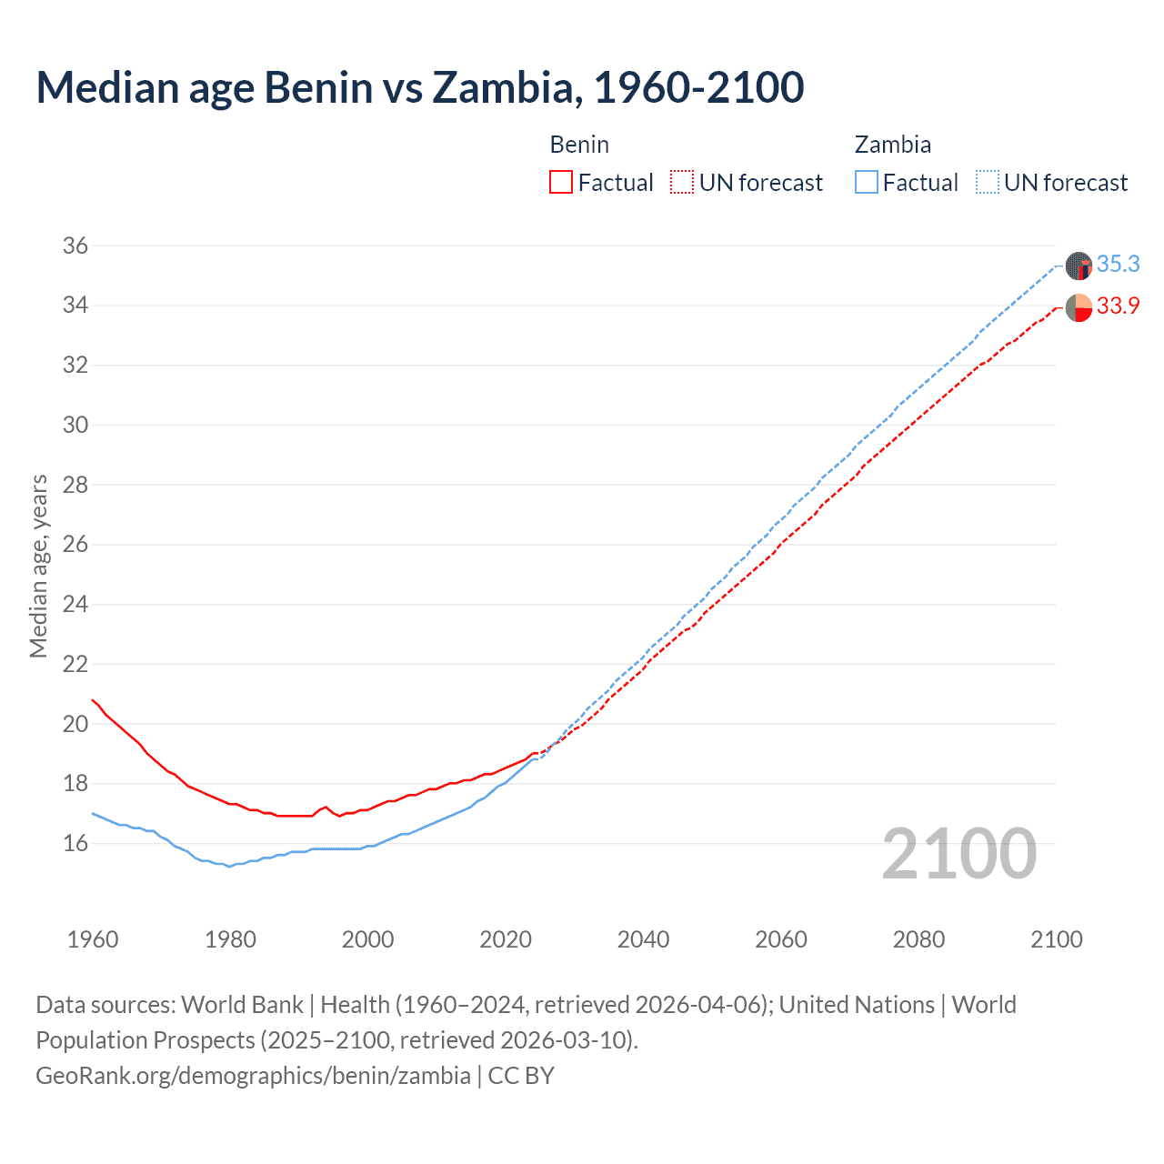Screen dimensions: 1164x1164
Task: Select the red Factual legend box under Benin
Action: [x=560, y=182]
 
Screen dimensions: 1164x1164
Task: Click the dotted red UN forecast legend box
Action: [x=681, y=182]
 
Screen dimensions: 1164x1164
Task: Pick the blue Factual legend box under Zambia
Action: [x=866, y=182]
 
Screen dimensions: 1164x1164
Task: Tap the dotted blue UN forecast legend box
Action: [x=987, y=182]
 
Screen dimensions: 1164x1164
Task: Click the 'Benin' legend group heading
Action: [x=579, y=145]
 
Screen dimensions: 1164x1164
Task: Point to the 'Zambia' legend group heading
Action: [x=892, y=145]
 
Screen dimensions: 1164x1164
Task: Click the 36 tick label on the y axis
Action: [x=75, y=246]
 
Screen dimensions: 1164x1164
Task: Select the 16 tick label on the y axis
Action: [x=75, y=843]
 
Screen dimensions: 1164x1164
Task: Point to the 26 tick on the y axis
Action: [x=75, y=545]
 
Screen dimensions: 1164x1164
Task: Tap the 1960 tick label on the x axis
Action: [x=93, y=939]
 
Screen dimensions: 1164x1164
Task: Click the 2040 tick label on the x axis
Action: [x=643, y=939]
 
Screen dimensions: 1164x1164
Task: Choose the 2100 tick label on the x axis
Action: [x=1056, y=939]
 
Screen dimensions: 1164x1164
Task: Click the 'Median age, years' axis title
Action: [x=38, y=566]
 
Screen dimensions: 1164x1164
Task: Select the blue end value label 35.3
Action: [x=1118, y=265]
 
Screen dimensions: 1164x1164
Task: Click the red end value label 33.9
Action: [x=1118, y=306]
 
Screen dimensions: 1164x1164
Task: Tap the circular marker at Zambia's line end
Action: [x=1079, y=266]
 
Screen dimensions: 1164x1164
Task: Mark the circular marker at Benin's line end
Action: [x=1079, y=307]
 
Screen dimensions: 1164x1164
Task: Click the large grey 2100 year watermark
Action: [x=958, y=853]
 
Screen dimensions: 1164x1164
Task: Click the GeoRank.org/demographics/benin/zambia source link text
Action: [x=253, y=1075]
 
